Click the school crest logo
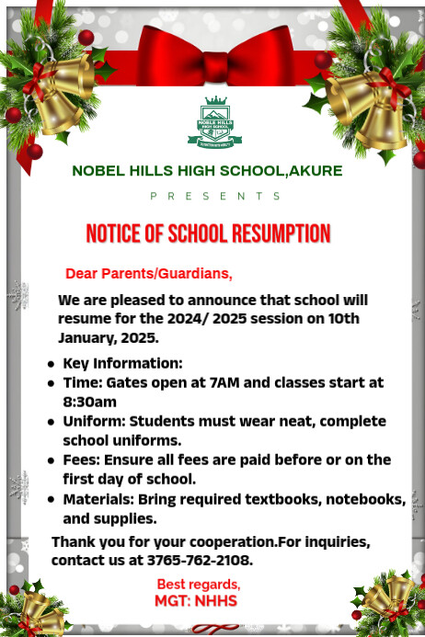click(214, 123)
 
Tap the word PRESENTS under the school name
click(215, 196)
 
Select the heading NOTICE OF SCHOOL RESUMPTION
click(208, 233)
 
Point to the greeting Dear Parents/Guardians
click(149, 274)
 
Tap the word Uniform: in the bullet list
click(96, 422)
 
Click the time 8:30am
click(89, 402)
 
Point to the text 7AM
click(237, 382)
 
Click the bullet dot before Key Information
click(51, 364)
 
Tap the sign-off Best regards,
click(198, 584)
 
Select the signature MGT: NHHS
click(196, 601)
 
